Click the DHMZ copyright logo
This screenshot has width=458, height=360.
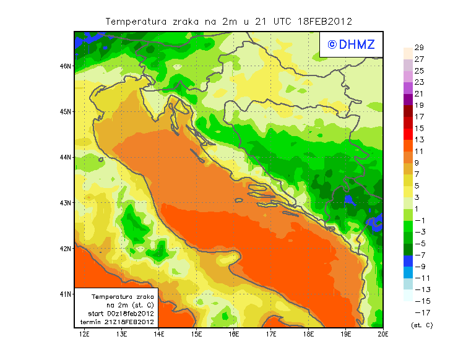coord(351,44)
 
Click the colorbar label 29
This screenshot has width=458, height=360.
coord(419,48)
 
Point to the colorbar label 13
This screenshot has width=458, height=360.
coord(419,139)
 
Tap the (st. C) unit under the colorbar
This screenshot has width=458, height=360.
coord(421,325)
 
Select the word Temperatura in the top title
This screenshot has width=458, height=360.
coord(136,21)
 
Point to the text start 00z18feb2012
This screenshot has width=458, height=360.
coord(118,314)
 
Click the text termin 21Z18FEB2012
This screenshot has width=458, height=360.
coord(116,322)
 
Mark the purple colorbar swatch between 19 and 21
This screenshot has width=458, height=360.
coord(407,99)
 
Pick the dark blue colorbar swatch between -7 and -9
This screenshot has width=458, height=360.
coord(407,260)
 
